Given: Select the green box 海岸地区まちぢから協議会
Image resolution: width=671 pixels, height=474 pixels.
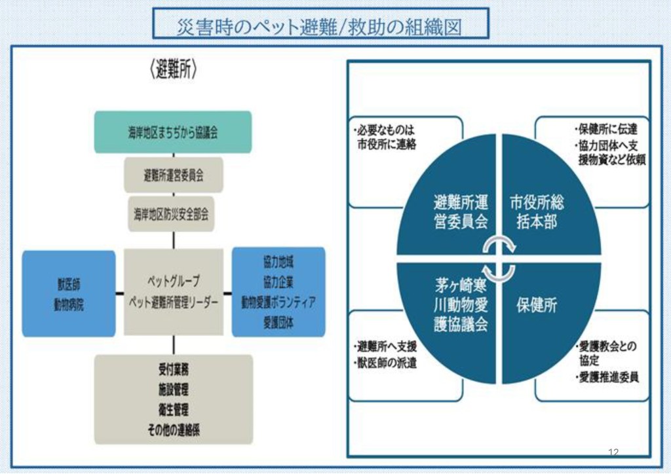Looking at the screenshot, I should coord(173,132).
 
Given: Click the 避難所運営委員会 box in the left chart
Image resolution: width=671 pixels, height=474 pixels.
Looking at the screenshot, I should coord(174,175).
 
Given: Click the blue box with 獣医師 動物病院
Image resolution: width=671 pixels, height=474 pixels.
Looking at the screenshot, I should coord(69,294).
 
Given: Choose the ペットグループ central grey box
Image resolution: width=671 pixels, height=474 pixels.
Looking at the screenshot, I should coord(174,292).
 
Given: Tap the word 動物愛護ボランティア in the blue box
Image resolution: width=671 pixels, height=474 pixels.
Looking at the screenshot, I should coord(278,302).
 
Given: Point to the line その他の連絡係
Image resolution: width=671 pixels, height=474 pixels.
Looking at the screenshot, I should coord(174,430).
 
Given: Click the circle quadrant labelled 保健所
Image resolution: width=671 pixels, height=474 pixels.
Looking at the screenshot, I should coord(537,305).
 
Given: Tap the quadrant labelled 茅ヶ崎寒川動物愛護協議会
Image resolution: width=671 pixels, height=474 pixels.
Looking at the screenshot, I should coord(461,305).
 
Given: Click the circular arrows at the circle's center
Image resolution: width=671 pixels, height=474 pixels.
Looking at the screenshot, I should coord(499,258).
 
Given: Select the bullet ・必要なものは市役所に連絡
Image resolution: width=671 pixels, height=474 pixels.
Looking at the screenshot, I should coord(384,137).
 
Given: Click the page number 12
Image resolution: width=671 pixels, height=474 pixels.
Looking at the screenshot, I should coord(613,451).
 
